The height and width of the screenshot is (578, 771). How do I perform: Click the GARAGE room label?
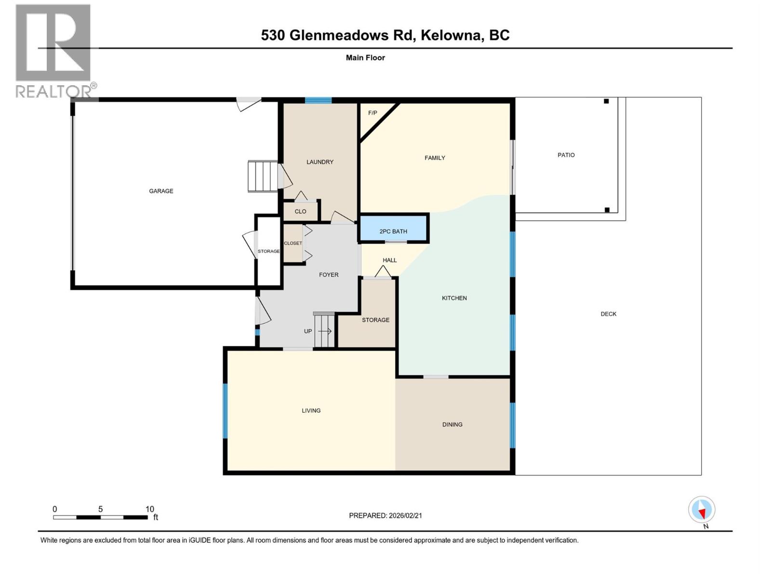coord(161,191)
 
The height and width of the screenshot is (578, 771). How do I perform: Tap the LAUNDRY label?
coord(319,162)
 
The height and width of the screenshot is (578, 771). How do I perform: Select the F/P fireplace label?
coord(372,113)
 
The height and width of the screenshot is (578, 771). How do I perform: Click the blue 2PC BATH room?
coord(393,228)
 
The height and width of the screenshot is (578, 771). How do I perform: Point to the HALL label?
coord(389,260)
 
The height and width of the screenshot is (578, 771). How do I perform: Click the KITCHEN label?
coord(454,298)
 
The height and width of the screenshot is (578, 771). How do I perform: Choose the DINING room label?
coord(452,424)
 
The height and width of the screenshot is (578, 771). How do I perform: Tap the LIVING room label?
coord(311,410)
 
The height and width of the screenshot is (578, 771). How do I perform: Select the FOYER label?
coord(329,275)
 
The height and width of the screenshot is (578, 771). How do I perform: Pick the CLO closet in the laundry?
coord(300,211)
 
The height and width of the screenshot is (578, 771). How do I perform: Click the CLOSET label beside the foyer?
coord(293,243)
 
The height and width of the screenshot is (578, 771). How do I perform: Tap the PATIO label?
coord(566,155)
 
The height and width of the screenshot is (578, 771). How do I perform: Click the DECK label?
coord(608,314)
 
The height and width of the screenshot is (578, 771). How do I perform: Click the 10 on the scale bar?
coord(149,509)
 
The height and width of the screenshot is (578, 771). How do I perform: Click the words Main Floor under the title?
coord(365,58)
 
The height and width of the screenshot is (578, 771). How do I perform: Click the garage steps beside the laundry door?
coord(263,176)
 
